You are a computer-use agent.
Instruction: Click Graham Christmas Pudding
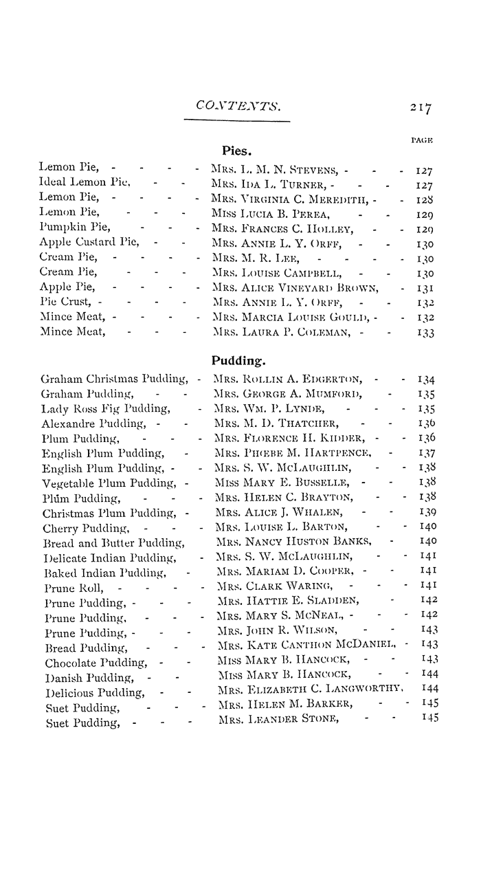click(x=114, y=379)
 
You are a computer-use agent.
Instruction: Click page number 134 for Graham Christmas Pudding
click(x=427, y=379)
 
